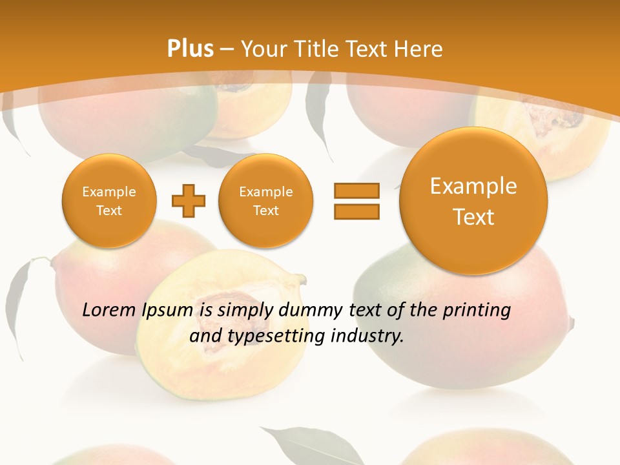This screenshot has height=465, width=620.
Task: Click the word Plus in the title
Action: pyautogui.click(x=190, y=49)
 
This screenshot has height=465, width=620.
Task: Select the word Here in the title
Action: pyautogui.click(x=420, y=49)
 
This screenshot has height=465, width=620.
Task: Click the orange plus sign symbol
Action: pyautogui.click(x=188, y=201)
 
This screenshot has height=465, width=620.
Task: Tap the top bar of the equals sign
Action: pyautogui.click(x=356, y=191)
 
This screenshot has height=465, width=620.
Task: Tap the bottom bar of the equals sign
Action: pyautogui.click(x=356, y=211)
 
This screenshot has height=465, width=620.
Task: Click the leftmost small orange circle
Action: pyautogui.click(x=109, y=200)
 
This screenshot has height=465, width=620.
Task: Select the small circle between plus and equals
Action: pyautogui.click(x=266, y=200)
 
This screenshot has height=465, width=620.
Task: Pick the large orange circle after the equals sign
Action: pyautogui.click(x=473, y=200)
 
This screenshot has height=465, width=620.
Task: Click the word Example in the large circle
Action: pyautogui.click(x=473, y=186)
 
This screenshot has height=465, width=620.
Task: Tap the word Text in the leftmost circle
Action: pyautogui.click(x=109, y=211)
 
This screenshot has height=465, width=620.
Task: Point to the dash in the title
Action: pyautogui.click(x=227, y=50)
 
